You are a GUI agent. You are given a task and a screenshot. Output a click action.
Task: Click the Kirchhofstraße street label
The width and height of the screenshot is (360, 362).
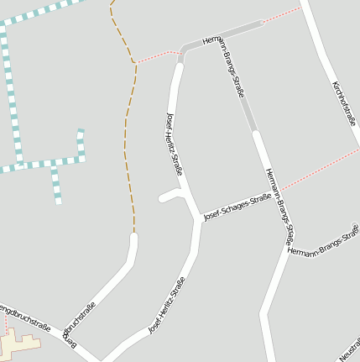point(344,103)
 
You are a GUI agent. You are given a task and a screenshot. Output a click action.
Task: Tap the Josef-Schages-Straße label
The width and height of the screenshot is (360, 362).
point(238,205)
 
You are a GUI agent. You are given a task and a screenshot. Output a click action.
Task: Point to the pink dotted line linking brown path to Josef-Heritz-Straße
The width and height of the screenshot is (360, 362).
point(158,57)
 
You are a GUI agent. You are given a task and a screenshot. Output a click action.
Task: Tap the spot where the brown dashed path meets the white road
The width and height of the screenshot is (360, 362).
point(133,235)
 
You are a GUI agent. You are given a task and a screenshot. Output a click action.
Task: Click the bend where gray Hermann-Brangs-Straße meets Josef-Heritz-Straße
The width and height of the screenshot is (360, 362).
point(184,49)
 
